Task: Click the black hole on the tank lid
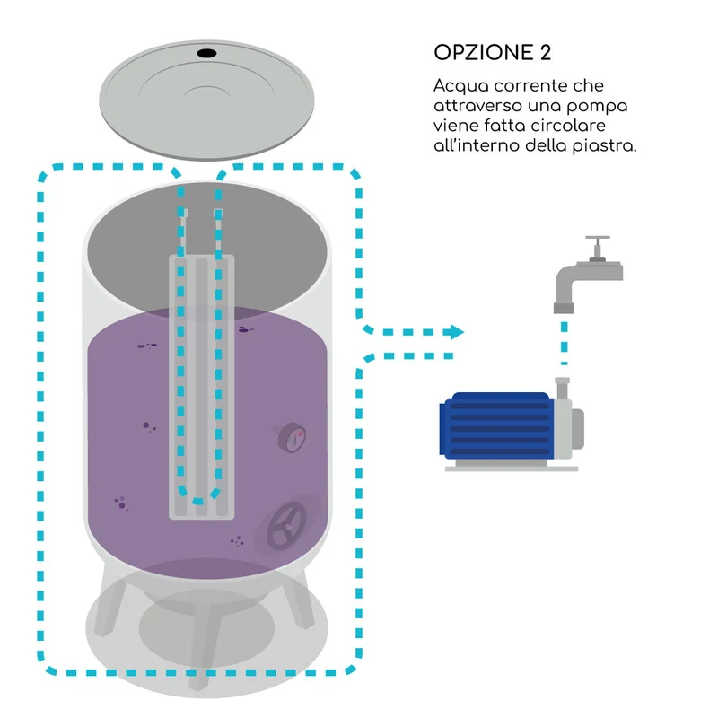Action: tap(206, 53)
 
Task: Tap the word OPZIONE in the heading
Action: tap(484, 53)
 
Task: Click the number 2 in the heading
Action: tap(546, 53)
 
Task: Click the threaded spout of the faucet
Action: tap(564, 308)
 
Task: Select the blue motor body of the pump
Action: tap(496, 425)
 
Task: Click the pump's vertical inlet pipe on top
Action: tap(563, 389)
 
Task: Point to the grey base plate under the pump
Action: tap(512, 468)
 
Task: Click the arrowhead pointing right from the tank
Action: tap(455, 332)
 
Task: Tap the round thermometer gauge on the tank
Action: tap(292, 437)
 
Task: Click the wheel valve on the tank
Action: tap(286, 525)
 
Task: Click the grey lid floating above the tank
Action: tap(206, 101)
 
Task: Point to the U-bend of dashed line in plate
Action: tap(198, 497)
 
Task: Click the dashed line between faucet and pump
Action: tap(565, 343)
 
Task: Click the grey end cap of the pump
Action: tap(577, 429)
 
